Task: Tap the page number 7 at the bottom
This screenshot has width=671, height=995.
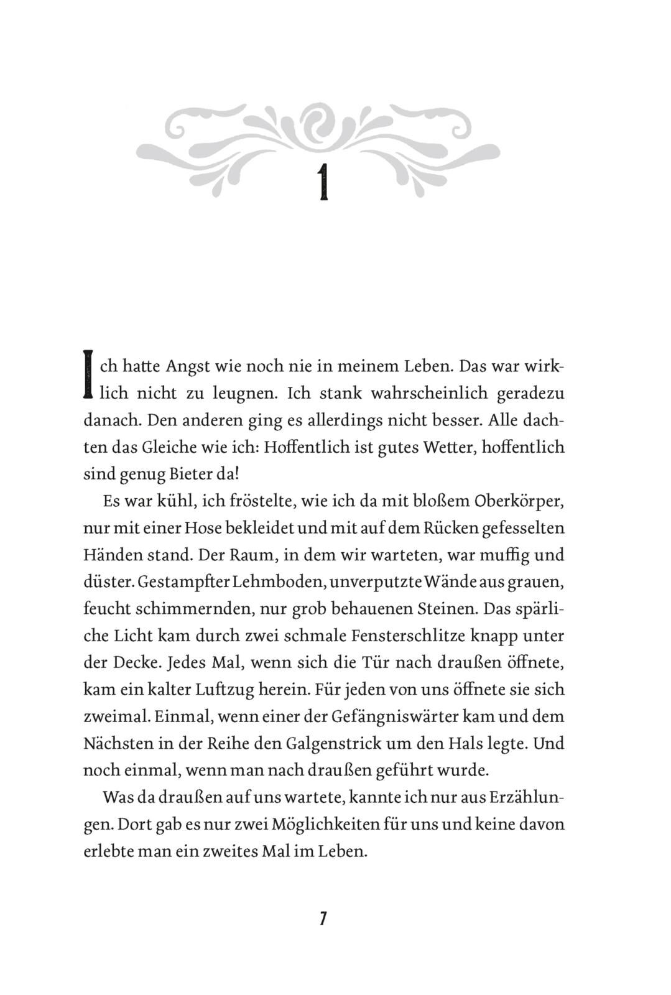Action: [323, 919]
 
